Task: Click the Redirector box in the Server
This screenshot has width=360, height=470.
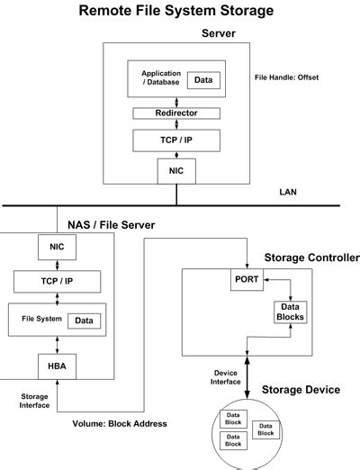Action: [176, 113]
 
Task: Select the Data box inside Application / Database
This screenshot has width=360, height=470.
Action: [203, 80]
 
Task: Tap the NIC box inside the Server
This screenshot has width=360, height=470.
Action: [176, 171]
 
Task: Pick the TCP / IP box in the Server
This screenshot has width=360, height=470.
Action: [176, 140]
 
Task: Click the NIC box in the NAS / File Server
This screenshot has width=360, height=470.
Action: [57, 247]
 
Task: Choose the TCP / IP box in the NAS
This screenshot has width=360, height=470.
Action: [57, 282]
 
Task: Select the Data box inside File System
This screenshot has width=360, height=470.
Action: [84, 321]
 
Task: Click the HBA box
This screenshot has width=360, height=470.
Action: [57, 366]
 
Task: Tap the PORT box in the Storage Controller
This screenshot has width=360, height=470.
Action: [247, 279]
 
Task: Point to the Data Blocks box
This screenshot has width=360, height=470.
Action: [291, 312]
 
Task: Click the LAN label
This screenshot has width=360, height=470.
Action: [288, 192]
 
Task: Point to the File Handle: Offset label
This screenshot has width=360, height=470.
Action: [286, 77]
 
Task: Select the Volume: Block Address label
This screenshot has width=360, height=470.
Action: [120, 424]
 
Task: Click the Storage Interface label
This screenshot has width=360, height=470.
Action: [34, 401]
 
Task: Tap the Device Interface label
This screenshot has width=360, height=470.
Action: [226, 377]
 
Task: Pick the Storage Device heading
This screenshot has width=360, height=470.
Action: [301, 390]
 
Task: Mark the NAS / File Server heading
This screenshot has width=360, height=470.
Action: [112, 225]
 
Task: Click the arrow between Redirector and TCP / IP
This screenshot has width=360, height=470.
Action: [176, 124]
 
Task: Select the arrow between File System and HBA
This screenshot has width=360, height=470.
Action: [57, 345]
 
